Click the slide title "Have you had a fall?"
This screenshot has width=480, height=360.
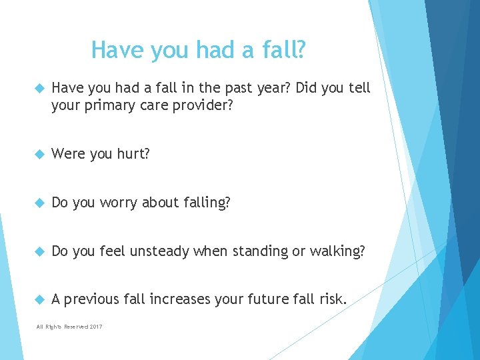199,50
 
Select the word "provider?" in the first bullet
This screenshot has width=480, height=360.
201,105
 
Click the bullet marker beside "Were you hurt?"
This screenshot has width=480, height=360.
38,155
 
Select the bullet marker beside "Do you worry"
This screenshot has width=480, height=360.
38,203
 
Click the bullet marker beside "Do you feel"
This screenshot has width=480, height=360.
38,252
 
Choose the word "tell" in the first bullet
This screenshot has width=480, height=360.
358,88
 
